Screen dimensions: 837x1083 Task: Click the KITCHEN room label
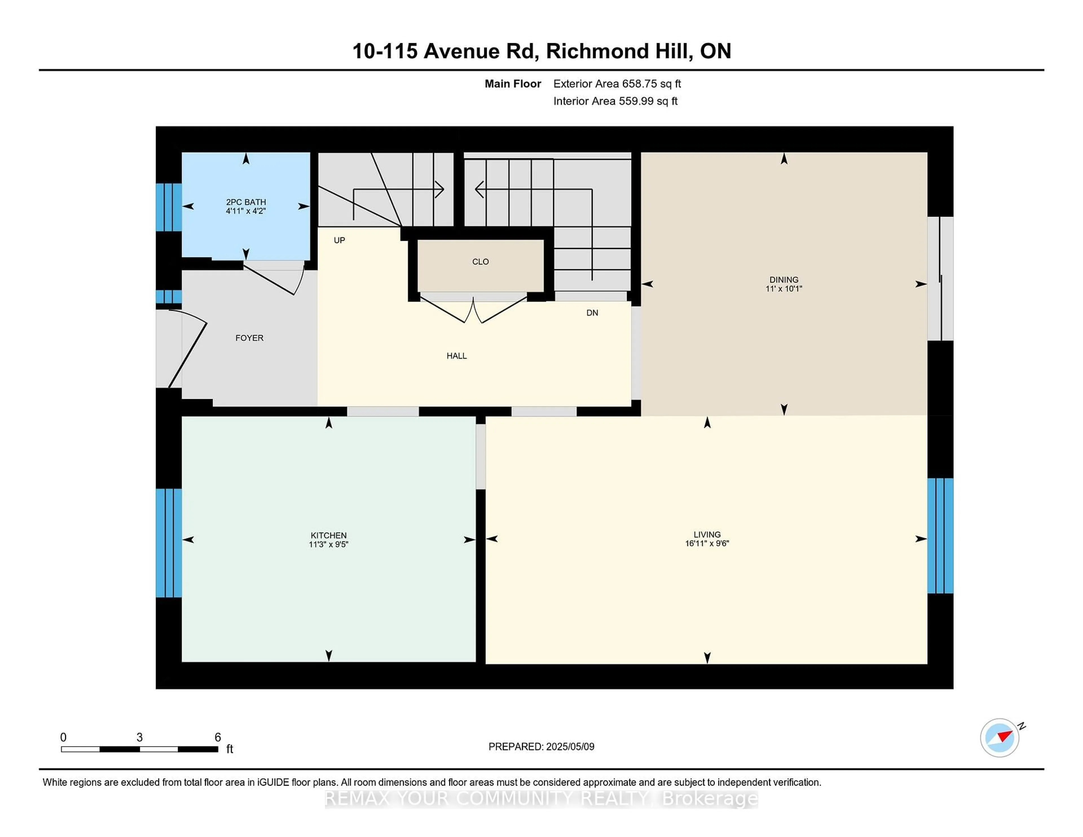coord(328,535)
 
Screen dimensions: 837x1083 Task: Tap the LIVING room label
coord(706,534)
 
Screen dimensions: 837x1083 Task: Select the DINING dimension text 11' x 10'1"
coord(783,288)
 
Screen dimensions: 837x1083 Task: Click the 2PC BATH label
coord(246,202)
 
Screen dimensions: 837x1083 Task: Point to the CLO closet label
coord(480,261)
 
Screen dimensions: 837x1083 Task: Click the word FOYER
coord(249,338)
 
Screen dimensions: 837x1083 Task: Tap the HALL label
coord(456,356)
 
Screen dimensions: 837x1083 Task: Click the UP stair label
coord(339,240)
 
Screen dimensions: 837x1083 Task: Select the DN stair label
coord(592,312)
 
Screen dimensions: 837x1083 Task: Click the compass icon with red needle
coord(999,737)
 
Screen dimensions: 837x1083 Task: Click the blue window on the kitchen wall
coord(169,543)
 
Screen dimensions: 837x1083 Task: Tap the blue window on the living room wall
coord(940,536)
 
